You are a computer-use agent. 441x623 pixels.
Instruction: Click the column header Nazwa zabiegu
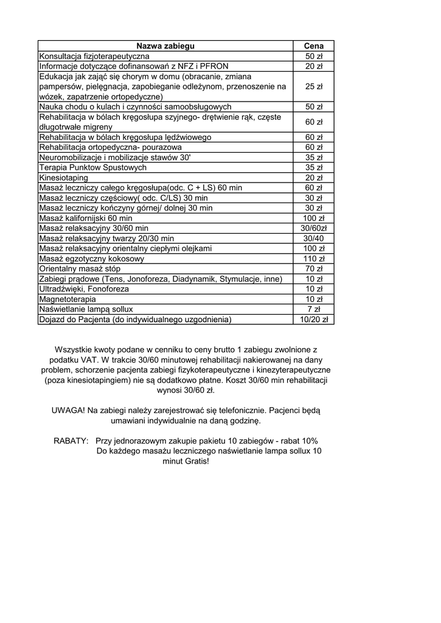click(165, 46)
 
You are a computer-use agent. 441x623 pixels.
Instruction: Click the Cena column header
click(314, 46)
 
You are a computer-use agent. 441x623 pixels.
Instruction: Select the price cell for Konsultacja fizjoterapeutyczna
click(314, 56)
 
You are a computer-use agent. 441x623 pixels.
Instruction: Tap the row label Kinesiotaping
click(64, 178)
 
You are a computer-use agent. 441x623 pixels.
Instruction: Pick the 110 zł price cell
click(314, 259)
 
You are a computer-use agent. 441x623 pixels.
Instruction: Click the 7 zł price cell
click(314, 309)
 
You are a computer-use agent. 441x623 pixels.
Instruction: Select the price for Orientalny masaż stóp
click(314, 268)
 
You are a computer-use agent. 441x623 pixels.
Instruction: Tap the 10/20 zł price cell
click(314, 319)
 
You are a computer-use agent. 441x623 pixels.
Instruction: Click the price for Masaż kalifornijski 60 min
click(314, 218)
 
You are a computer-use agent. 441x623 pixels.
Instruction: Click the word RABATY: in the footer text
click(71, 440)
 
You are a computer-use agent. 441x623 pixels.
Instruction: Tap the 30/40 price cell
click(314, 238)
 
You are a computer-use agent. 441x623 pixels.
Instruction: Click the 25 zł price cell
click(314, 86)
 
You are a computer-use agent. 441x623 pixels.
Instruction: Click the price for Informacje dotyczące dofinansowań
click(314, 66)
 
